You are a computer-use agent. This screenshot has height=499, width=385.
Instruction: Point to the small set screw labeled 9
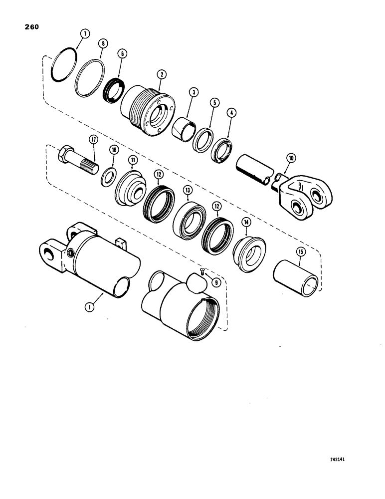click(201, 271)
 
